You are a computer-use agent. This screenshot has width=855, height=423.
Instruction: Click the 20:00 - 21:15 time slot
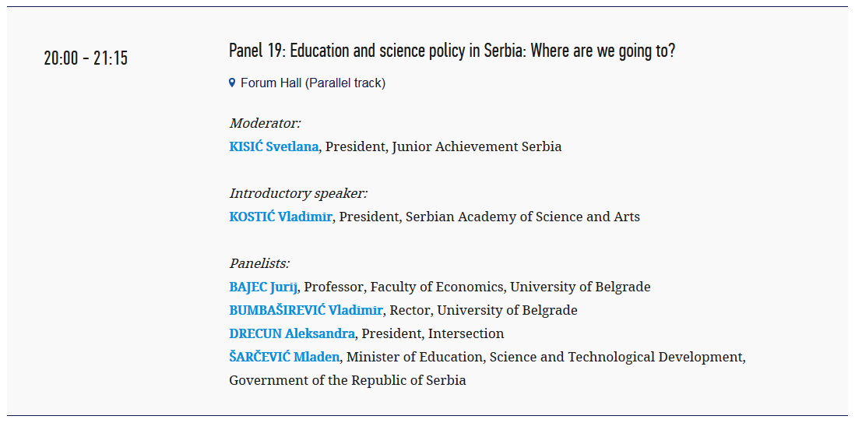coord(86,58)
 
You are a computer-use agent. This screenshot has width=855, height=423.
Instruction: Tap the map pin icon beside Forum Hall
coord(232,83)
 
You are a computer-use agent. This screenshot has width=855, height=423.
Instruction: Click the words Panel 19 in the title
coord(255,51)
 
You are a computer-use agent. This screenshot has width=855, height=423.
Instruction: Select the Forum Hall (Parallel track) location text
coord(313,83)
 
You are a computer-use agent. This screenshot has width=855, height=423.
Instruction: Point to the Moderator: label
coord(265,123)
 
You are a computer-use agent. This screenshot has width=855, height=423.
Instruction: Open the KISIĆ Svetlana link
coord(274,146)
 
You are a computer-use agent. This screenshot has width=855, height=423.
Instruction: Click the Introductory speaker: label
coord(298,193)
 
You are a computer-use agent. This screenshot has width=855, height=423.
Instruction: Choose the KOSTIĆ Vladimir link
coord(280,217)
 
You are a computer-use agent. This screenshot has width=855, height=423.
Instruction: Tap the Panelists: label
coord(259,263)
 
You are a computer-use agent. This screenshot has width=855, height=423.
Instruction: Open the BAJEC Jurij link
coord(263,287)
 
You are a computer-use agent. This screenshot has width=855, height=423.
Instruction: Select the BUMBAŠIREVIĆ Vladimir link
coord(306,311)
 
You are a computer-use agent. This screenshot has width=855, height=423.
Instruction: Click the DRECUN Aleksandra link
coord(292,333)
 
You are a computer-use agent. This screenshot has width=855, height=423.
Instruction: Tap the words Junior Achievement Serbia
coord(477,146)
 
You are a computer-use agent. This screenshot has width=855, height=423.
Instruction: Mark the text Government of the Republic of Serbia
coord(347,380)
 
